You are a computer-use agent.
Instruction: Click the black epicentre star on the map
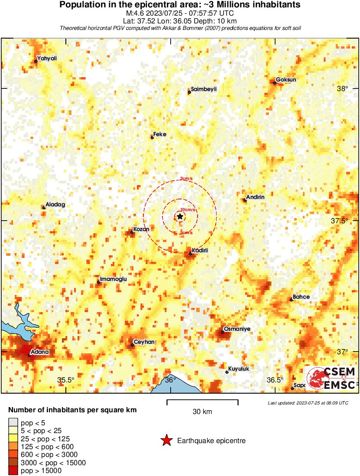point(180,216)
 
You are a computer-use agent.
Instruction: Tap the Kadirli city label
point(200,251)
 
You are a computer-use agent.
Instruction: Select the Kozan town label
point(142,229)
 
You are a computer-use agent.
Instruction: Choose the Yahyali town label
point(47,58)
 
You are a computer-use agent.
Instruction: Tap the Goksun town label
point(286,80)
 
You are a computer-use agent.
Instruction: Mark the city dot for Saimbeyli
point(189,92)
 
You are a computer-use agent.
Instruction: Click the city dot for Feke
point(152,137)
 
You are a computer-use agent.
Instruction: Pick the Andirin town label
point(255,197)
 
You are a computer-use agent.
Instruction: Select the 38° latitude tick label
point(342,89)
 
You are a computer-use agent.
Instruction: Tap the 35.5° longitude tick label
point(66,380)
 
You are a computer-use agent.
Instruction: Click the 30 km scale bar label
point(202,412)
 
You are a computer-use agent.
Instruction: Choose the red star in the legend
point(166,441)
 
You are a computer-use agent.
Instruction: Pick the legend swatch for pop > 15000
point(13,470)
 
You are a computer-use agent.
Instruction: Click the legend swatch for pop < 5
point(13,421)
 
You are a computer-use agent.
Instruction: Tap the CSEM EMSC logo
point(331,378)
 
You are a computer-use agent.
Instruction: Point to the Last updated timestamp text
point(308,403)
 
